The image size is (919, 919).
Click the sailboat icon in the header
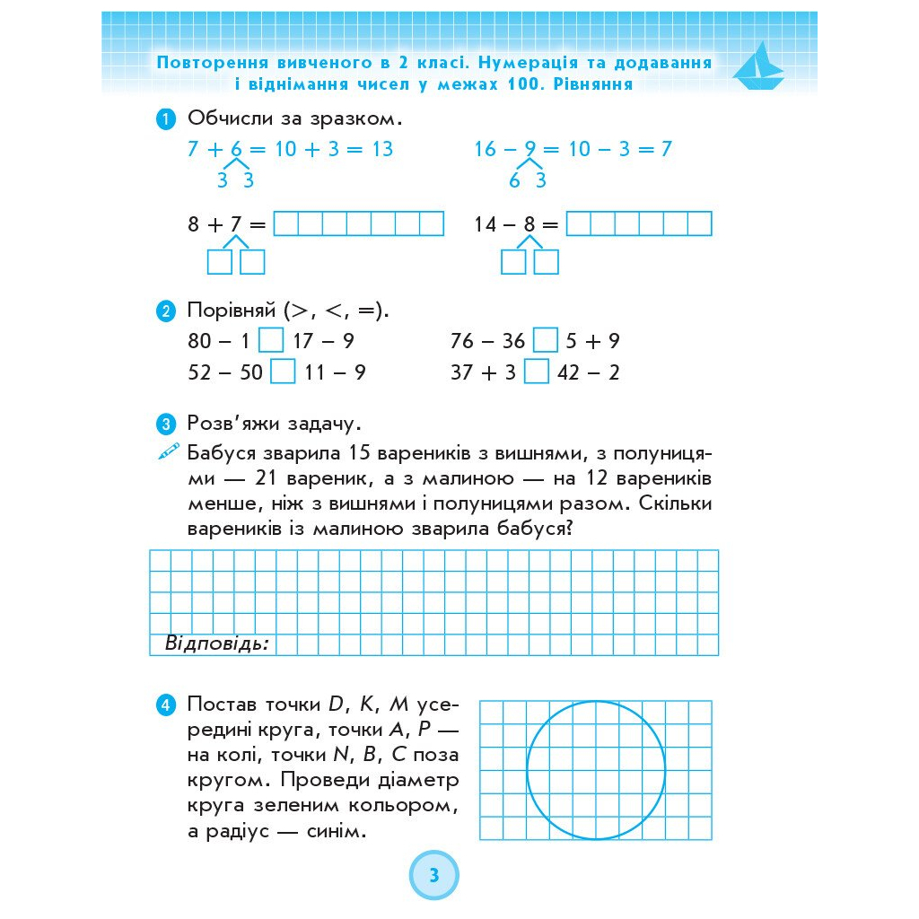coord(760,66)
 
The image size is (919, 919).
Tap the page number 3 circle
coord(434,875)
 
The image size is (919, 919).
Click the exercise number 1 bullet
coord(165,119)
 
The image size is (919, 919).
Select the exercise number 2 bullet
coord(165,312)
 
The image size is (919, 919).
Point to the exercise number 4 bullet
coord(165,705)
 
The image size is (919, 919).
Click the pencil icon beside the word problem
coord(168,451)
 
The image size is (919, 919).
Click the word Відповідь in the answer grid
coord(217,643)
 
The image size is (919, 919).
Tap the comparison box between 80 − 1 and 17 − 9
coord(271,341)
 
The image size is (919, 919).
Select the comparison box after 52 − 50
coord(283,372)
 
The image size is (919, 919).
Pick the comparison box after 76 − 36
coord(545,341)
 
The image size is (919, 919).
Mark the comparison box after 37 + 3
coord(536,372)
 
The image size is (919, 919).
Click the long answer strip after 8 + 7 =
coord(358,223)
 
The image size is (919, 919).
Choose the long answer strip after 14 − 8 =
coord(639,223)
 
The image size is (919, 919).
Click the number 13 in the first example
coord(382,149)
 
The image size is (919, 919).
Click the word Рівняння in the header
coord(594,85)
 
